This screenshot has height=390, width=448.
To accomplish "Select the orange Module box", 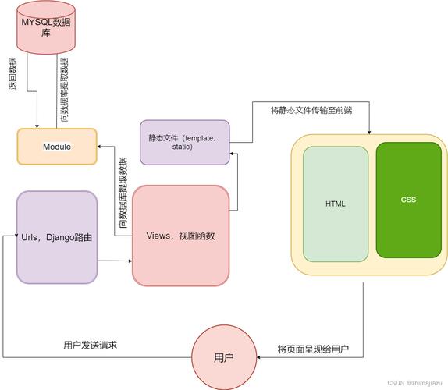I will click(x=57, y=147).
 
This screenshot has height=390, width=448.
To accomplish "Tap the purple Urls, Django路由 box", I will click(x=57, y=237).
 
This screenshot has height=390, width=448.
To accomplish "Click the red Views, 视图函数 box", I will click(x=180, y=236).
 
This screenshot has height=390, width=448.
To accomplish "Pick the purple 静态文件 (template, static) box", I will click(x=185, y=142).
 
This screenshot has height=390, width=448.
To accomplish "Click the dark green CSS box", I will click(x=409, y=200).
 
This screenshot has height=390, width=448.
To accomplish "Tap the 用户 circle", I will click(x=224, y=358).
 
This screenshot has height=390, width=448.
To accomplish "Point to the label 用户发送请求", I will click(x=90, y=345).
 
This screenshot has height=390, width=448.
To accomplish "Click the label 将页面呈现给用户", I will click(x=312, y=349).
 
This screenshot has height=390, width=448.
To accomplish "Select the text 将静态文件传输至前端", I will click(x=311, y=111).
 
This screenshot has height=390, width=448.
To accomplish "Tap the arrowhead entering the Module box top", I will click(x=37, y=126).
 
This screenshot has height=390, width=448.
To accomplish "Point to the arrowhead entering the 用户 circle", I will click(x=259, y=358).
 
